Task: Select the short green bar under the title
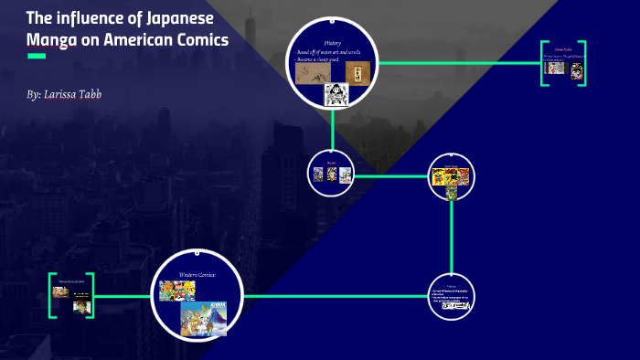point(37,57)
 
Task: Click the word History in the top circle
point(333,43)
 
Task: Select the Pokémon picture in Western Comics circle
point(176,291)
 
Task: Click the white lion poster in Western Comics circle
point(203,317)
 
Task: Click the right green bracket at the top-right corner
point(582,63)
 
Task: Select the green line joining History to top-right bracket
point(457,63)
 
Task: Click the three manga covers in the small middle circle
point(332,175)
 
